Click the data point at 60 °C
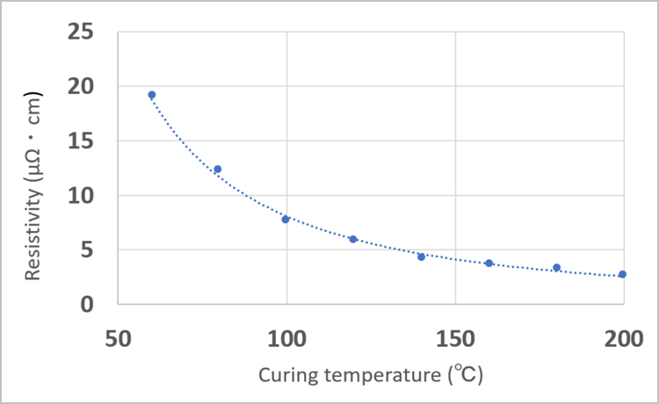151,95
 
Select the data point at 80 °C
218,170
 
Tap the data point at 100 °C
286,219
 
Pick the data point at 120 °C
353,239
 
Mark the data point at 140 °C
421,256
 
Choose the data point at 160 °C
489,263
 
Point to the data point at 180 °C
556,268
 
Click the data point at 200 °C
622,274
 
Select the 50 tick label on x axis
118,337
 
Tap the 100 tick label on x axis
286,337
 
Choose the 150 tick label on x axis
455,337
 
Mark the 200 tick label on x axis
623,337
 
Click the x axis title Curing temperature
370,376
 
